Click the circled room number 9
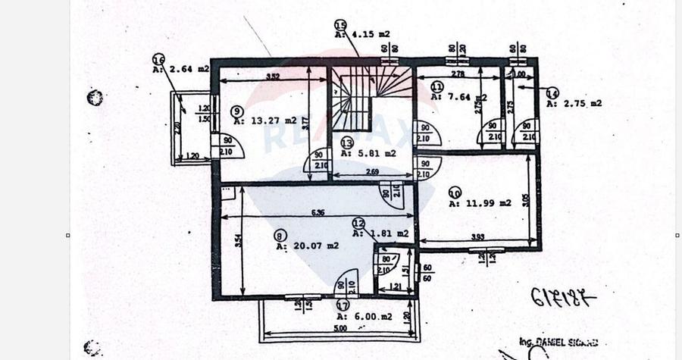click(x=236, y=111)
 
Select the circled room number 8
click(x=281, y=236)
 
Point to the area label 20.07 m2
click(x=307, y=246)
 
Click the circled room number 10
click(x=455, y=193)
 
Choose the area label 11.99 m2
click(x=480, y=203)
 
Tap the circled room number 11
click(x=437, y=86)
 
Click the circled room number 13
click(x=347, y=142)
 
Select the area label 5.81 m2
click(x=368, y=153)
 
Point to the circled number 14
click(x=552, y=92)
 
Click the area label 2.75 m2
click(x=574, y=103)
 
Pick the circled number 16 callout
click(x=158, y=58)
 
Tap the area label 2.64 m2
click(x=180, y=69)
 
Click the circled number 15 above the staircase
click(x=340, y=25)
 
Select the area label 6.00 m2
click(x=364, y=316)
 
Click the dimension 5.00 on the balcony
click(x=339, y=328)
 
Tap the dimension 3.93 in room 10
click(x=478, y=236)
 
